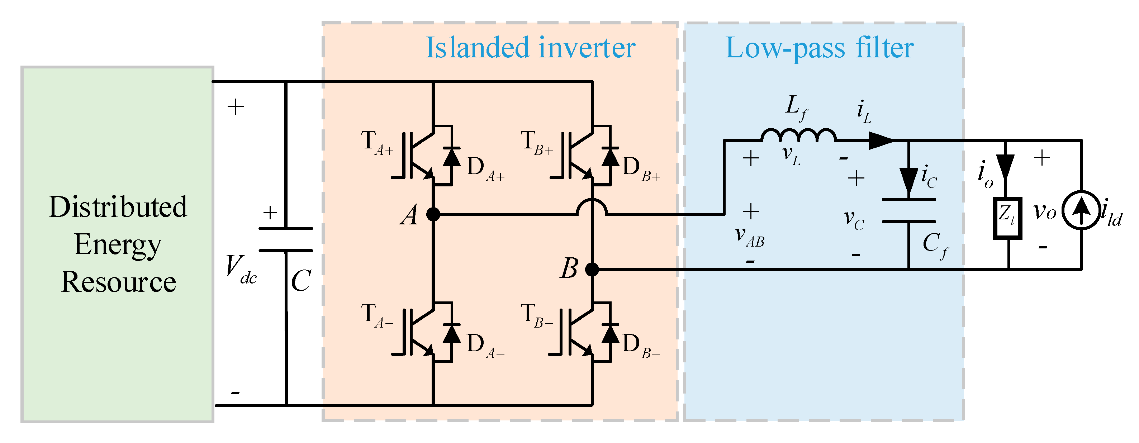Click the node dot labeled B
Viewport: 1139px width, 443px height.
[592, 269]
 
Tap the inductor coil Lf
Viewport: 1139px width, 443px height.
[798, 135]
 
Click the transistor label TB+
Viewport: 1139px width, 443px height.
[536, 143]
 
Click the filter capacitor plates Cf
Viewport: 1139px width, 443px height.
[908, 210]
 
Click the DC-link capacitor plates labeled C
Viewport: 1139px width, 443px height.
[286, 240]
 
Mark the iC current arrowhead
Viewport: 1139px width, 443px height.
[908, 181]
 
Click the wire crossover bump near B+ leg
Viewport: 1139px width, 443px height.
[592, 207]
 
